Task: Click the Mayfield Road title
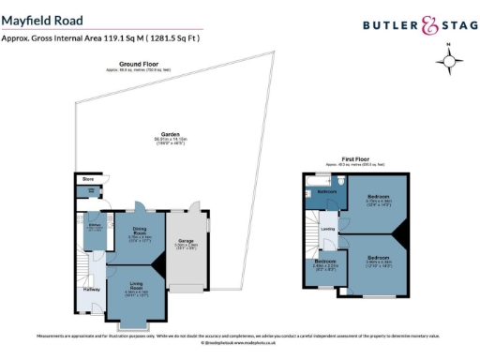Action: (x=42, y=20)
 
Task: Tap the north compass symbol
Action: (x=451, y=62)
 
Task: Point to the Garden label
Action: (x=171, y=135)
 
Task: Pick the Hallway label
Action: (x=92, y=289)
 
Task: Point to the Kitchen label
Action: (x=95, y=226)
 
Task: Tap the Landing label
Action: (x=328, y=228)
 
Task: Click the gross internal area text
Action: (x=100, y=38)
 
